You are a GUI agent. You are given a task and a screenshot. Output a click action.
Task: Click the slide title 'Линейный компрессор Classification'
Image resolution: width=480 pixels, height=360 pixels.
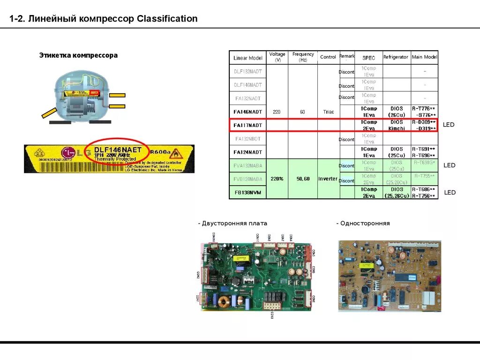pos(104,19)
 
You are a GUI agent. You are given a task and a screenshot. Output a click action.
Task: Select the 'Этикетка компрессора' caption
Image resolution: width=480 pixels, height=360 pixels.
pos(78,55)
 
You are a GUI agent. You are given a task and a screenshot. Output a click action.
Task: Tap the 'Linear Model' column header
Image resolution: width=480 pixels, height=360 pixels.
pos(248,58)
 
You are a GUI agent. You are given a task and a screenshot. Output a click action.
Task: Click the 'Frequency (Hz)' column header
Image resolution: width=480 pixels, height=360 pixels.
pos(303,57)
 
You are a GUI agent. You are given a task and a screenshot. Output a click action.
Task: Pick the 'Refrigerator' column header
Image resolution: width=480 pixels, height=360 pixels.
pos(396,57)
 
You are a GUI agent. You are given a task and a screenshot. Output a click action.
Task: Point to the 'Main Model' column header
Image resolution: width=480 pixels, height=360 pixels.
pos(424,57)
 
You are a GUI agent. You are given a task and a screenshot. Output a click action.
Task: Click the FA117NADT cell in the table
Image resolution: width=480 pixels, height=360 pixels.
pos(248,126)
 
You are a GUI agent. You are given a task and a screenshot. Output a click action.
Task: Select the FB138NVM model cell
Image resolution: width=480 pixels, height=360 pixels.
pos(248,193)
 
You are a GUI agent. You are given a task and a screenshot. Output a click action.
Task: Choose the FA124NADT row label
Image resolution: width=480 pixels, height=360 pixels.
pos(248,152)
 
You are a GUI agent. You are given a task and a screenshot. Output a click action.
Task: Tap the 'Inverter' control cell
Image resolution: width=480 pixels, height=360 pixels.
pos(328,179)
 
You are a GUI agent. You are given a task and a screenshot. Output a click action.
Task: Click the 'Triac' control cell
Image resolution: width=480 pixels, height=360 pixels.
pos(328,112)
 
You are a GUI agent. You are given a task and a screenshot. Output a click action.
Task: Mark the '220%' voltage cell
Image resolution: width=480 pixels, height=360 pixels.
pos(277,179)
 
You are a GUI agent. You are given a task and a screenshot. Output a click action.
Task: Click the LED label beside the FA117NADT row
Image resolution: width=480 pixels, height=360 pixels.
pos(449,125)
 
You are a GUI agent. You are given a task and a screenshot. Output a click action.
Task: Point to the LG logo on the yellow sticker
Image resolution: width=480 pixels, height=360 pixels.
pos(69,152)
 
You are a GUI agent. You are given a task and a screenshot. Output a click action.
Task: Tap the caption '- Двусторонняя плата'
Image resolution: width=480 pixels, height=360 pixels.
pos(232,224)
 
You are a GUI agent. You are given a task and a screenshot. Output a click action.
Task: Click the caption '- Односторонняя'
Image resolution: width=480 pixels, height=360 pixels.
pos(363,224)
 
